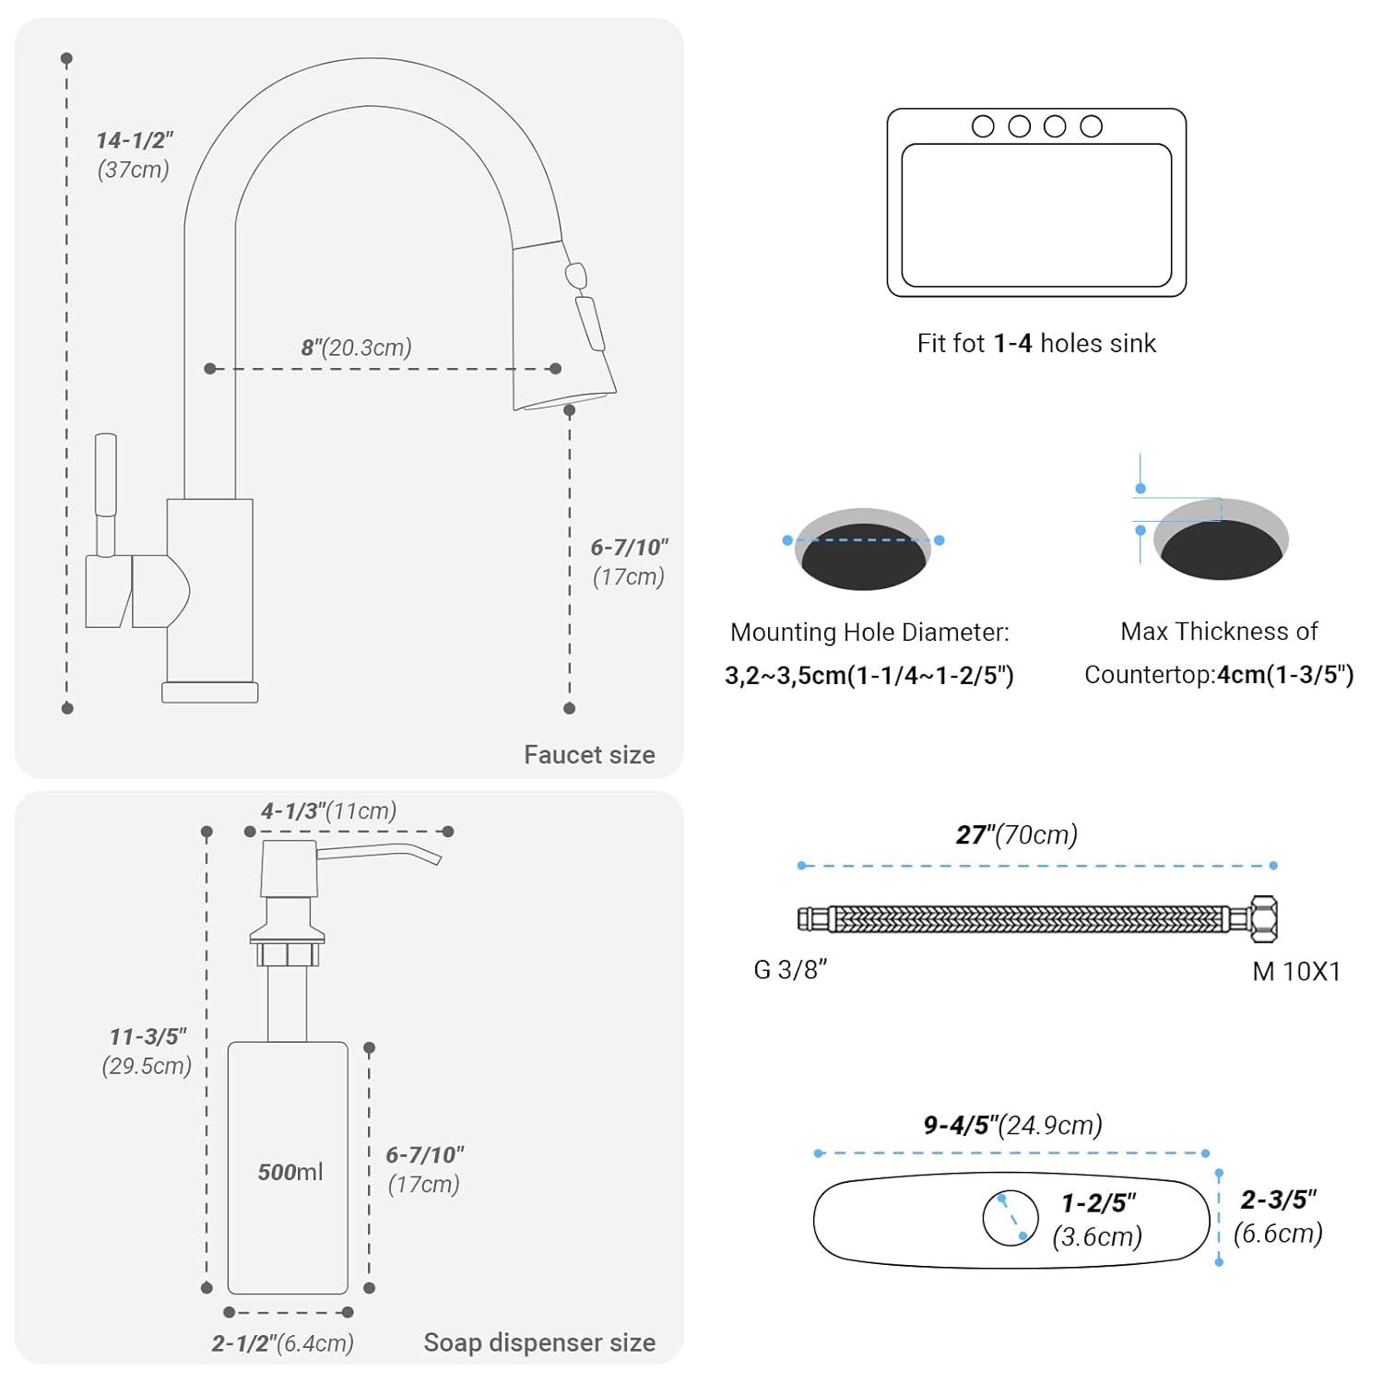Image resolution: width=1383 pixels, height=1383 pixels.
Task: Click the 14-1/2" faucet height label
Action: (x=135, y=141)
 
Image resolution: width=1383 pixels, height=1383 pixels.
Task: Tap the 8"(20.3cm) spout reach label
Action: (x=356, y=348)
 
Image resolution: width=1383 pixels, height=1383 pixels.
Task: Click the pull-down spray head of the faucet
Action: (x=564, y=323)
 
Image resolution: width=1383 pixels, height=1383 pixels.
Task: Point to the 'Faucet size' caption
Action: (x=589, y=755)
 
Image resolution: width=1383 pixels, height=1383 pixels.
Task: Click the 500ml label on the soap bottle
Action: (x=290, y=1172)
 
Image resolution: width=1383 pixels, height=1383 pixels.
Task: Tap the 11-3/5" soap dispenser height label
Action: (x=148, y=1037)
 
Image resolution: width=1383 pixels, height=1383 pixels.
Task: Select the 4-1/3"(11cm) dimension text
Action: (x=328, y=811)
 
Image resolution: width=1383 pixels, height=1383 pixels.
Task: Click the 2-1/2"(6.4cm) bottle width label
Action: (x=282, y=1343)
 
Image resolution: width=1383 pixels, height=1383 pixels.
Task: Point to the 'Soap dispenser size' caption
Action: (x=539, y=1342)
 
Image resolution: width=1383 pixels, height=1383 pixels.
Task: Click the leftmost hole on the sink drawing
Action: (x=983, y=126)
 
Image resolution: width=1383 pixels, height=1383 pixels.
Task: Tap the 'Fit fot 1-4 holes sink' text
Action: (x=1036, y=344)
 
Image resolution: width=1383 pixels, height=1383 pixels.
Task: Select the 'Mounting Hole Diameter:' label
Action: (x=869, y=632)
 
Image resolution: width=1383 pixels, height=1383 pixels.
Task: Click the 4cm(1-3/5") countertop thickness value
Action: (x=1285, y=675)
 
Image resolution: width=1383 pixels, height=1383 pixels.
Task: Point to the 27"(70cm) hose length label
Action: (x=1016, y=835)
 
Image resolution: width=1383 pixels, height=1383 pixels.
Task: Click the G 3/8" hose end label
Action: (x=790, y=970)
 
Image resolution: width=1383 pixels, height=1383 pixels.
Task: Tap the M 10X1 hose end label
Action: (x=1296, y=971)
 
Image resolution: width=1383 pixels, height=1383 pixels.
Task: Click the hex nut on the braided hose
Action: (x=1263, y=919)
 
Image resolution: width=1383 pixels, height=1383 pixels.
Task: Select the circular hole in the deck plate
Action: (x=1011, y=1218)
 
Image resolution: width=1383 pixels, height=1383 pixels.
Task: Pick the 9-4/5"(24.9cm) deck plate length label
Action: (x=1012, y=1126)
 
